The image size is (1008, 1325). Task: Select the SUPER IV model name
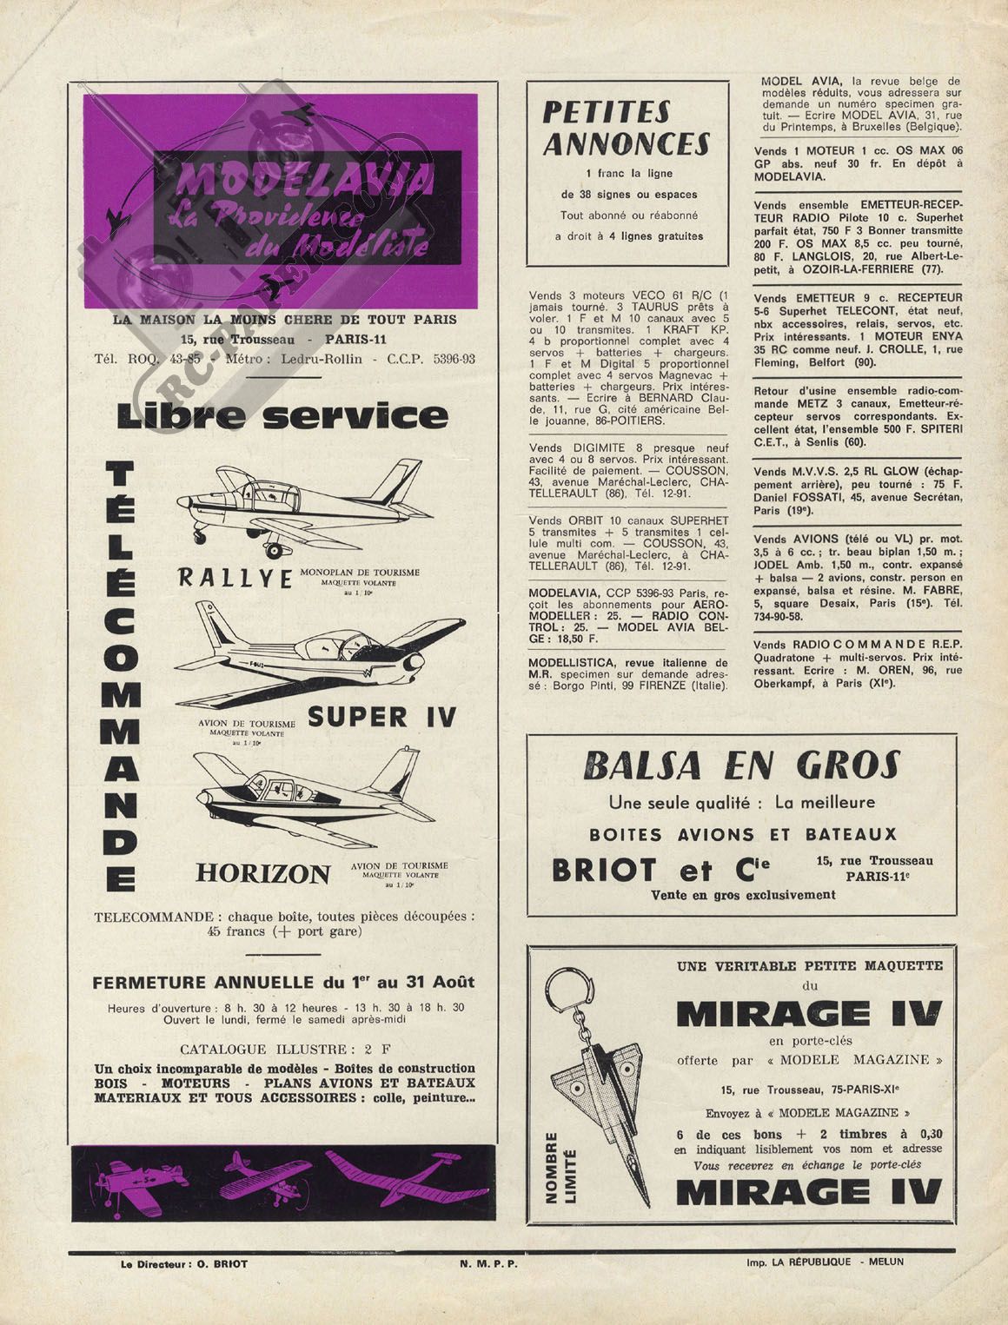pyautogui.click(x=381, y=717)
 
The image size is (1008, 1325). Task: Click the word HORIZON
pyautogui.click(x=263, y=872)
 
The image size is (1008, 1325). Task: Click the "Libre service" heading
pyautogui.click(x=282, y=416)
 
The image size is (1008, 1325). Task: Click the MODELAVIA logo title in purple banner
pyautogui.click(x=305, y=180)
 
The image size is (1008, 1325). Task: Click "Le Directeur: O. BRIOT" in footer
pyautogui.click(x=184, y=1264)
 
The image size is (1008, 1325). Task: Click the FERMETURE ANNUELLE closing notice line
pyautogui.click(x=283, y=982)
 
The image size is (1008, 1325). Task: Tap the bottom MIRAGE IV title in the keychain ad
pyautogui.click(x=808, y=1191)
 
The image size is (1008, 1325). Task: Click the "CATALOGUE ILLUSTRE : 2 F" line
pyautogui.click(x=283, y=1048)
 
